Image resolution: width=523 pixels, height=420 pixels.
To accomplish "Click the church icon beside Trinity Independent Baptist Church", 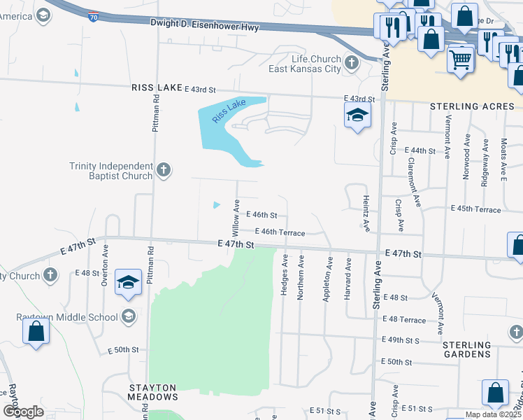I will point(163,169).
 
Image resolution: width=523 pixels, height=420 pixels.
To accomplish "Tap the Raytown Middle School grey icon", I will point(127,316).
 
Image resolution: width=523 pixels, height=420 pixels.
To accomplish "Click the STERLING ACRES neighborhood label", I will point(472,106).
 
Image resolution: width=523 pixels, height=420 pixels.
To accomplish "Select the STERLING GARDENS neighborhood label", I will point(466,349).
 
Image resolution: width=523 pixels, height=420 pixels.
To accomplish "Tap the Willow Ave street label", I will point(236,217).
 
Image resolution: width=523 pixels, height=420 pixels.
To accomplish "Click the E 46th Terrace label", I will point(280,232).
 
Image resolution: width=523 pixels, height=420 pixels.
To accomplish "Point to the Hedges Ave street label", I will point(285,274).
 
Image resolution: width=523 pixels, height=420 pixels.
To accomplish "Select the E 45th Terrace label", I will point(475,209).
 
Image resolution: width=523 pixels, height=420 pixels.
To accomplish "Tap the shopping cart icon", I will point(460,60).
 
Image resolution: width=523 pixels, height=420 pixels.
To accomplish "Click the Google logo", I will point(23,412).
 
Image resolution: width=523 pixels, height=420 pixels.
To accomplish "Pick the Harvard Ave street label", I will point(347,280).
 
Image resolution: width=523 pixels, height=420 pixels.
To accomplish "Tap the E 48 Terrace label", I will point(405,320).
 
